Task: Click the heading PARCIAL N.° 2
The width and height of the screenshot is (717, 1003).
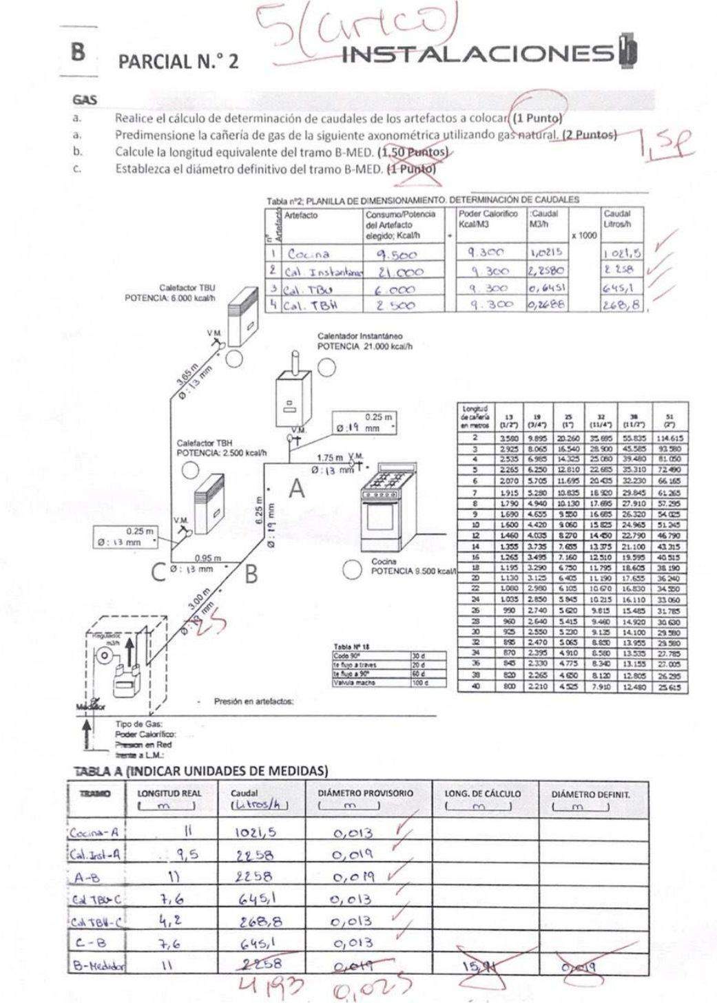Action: click(x=178, y=62)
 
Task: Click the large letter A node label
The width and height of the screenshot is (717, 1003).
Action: click(x=296, y=489)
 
